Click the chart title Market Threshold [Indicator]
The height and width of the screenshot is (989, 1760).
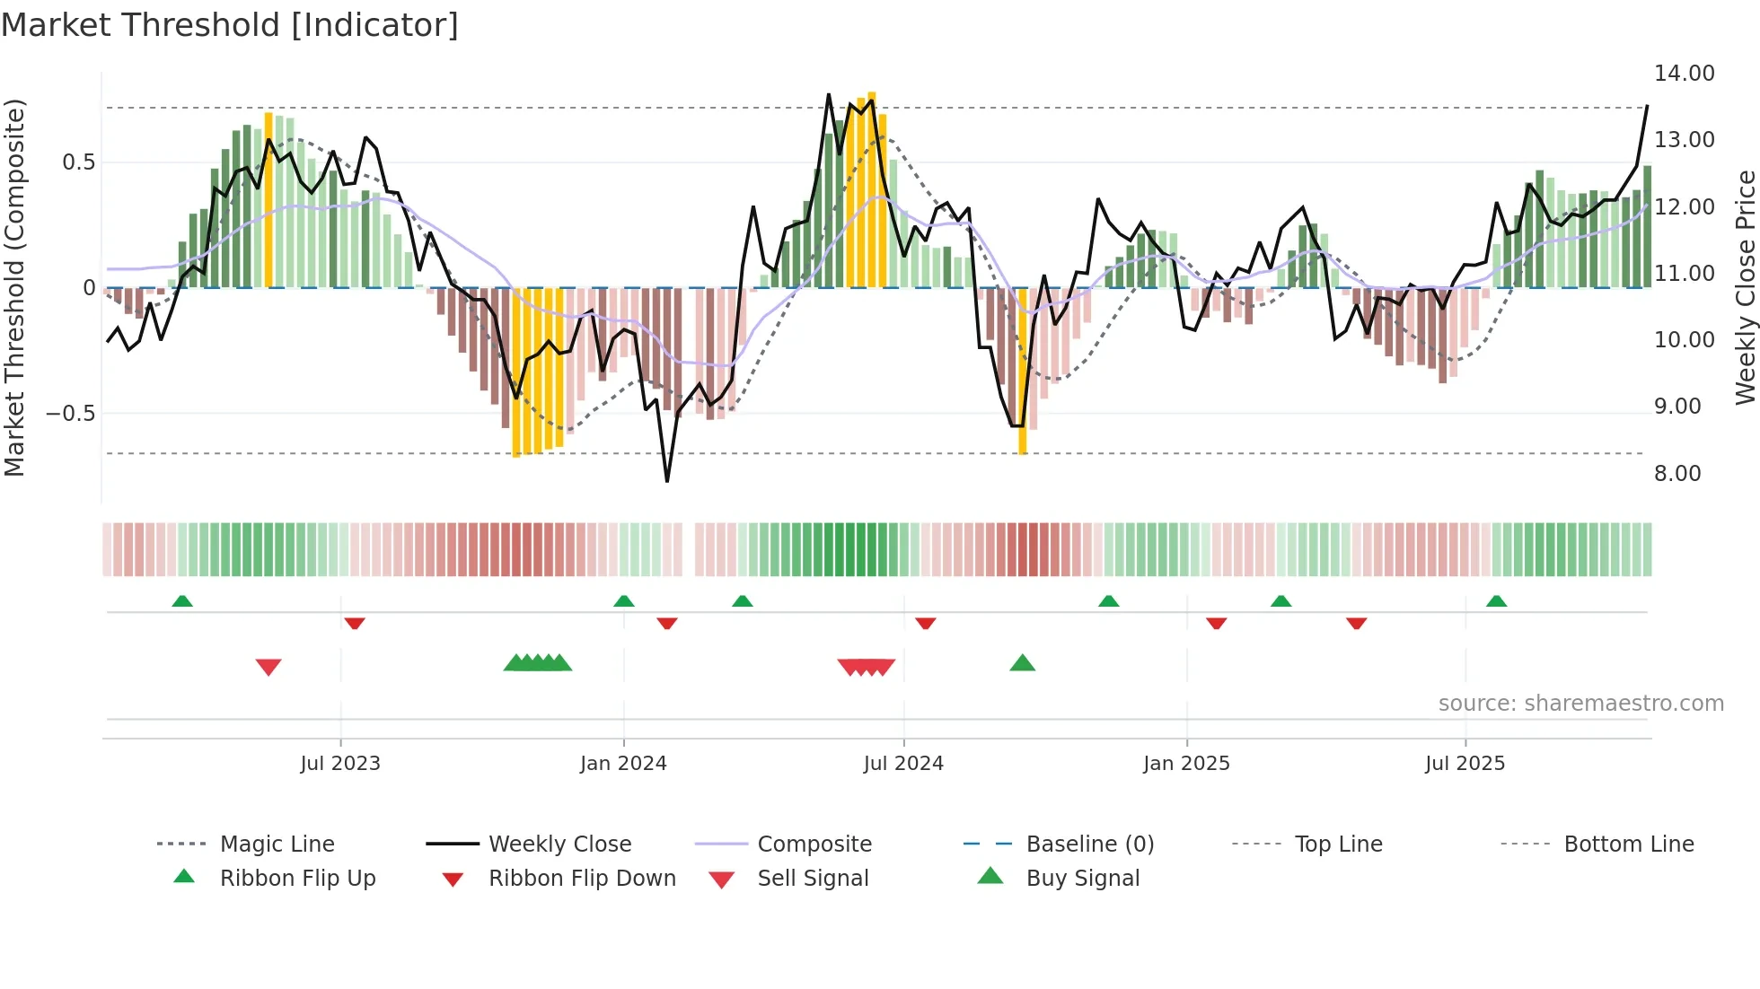230,25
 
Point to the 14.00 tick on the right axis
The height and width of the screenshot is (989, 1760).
1684,74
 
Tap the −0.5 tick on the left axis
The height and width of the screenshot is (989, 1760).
70,413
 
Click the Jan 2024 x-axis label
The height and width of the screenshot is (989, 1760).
623,763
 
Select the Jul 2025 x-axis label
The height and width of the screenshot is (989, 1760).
1465,763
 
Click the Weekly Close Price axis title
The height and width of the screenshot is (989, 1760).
1745,287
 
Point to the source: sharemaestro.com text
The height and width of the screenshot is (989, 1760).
1580,703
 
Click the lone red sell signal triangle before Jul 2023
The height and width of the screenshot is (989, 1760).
268,667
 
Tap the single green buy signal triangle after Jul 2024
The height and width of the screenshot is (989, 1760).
1022,663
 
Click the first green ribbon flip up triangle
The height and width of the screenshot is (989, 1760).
182,600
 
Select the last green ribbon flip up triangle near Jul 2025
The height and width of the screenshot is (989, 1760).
1496,600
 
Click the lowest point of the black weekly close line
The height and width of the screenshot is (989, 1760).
667,481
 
